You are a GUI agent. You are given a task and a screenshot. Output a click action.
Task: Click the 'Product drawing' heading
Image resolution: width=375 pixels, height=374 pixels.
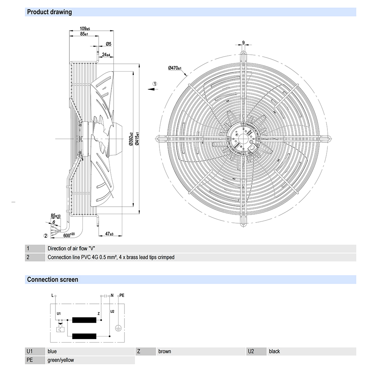tap(49, 12)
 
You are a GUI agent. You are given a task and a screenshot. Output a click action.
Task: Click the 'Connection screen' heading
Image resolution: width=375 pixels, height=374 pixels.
tap(52, 279)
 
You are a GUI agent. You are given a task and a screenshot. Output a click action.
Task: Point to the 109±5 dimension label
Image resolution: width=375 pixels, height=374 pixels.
tap(85, 29)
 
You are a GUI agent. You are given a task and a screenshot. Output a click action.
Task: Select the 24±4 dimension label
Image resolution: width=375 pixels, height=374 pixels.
tap(106, 55)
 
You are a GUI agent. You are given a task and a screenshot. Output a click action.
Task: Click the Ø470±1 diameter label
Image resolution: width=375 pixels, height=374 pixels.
tap(175, 68)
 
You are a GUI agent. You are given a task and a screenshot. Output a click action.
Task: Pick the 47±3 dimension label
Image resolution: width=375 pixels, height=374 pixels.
tap(109, 234)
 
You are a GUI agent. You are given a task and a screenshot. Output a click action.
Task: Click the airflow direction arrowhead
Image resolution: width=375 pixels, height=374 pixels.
tap(150, 89)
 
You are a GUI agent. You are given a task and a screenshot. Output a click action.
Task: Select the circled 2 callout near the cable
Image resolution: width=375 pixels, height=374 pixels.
tap(46, 236)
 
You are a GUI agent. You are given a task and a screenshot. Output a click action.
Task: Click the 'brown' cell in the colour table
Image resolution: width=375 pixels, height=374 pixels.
tap(165, 351)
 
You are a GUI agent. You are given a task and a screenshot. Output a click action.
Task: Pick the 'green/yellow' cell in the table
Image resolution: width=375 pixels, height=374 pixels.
tap(61, 360)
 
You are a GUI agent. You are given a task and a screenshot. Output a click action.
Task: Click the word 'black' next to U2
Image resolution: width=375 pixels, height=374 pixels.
tap(274, 351)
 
